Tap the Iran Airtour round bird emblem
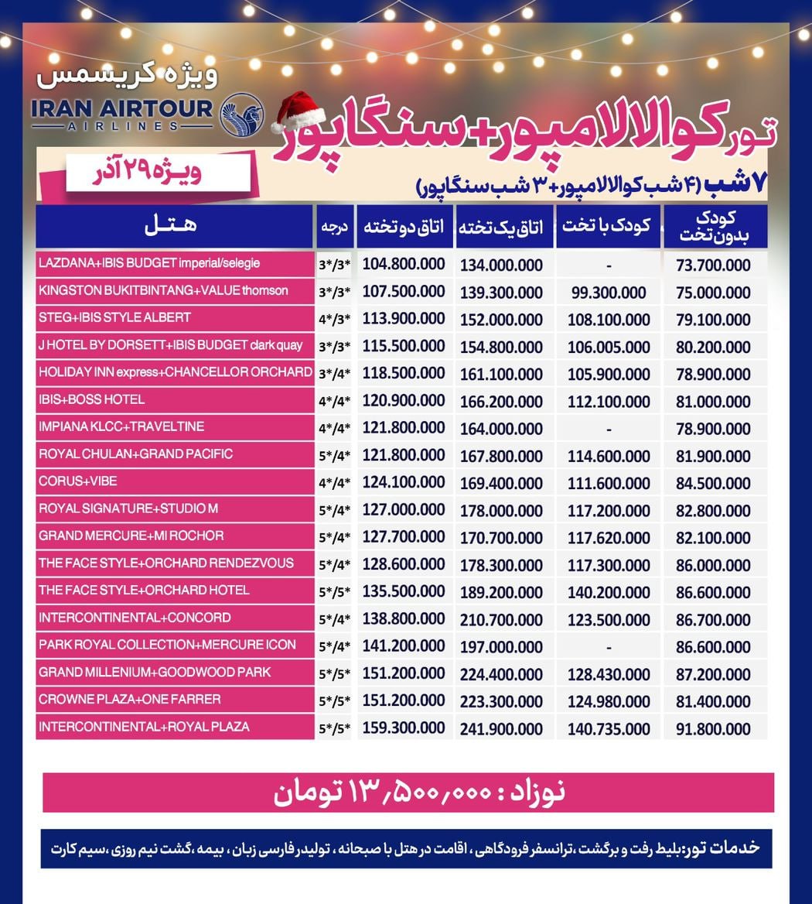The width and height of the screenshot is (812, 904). [x=242, y=114]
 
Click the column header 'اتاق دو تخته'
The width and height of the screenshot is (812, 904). [x=404, y=227]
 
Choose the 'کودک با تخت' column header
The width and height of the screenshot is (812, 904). [x=608, y=227]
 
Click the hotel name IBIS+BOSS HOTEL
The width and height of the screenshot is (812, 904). [x=91, y=400]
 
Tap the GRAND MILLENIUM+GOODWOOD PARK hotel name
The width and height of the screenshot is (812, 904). [x=155, y=673]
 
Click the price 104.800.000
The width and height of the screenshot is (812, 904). [x=404, y=264]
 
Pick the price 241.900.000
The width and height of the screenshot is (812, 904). [x=501, y=729]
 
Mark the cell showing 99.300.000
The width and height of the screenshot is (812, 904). [x=609, y=293]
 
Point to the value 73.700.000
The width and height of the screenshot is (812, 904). [x=713, y=265]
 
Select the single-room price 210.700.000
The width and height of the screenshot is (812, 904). [x=501, y=619]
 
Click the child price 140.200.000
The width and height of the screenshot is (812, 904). [x=609, y=592]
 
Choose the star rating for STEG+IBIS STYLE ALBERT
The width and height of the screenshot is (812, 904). [x=335, y=320]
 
